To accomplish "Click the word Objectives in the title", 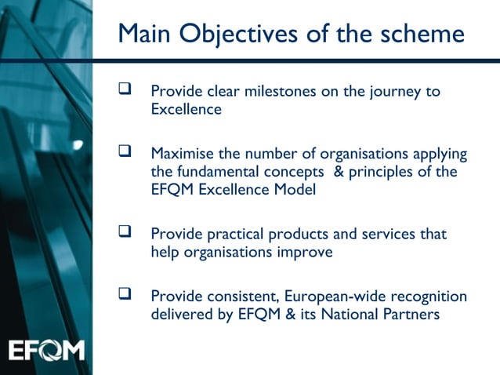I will (235, 34).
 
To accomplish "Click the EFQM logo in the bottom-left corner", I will (46, 349).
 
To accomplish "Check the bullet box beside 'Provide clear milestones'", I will (124, 91).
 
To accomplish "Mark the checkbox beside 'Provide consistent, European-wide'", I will (124, 295).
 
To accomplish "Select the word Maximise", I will (181, 152).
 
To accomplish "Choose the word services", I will (389, 235).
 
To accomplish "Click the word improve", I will (306, 253).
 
